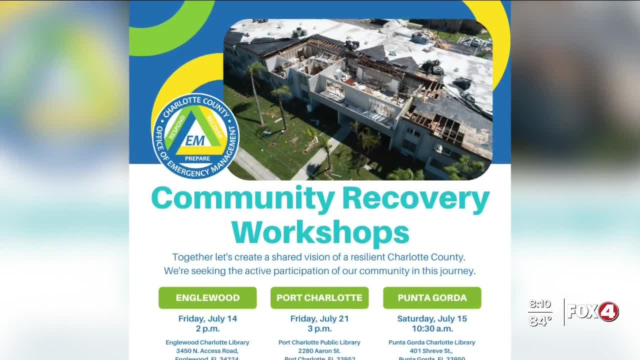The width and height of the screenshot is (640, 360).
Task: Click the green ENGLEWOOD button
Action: [x=207, y=297]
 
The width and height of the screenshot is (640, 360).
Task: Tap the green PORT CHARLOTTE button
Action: [x=319, y=297]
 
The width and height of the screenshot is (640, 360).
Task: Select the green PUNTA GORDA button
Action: [x=432, y=297]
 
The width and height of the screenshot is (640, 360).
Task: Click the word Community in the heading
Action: [x=242, y=199]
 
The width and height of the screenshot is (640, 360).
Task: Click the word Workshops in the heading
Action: [x=320, y=232]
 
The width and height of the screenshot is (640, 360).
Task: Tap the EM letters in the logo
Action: [x=195, y=140]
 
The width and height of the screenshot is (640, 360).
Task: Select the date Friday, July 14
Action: [x=207, y=318]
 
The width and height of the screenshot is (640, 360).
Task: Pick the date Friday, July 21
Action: [x=319, y=318]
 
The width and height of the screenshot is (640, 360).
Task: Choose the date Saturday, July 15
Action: [x=432, y=318]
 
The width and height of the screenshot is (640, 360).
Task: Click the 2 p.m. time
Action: [x=207, y=328]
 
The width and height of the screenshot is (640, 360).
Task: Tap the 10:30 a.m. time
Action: [x=432, y=328]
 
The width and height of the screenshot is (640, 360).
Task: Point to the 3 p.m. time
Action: [x=319, y=328]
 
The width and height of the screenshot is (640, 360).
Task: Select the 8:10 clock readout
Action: [x=540, y=304]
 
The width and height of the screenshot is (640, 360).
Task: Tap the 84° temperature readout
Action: [x=540, y=320]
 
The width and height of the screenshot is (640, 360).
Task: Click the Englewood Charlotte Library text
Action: [x=207, y=342]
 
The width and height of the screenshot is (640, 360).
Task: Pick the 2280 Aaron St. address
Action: [x=319, y=351]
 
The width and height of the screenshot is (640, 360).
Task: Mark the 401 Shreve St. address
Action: [x=432, y=351]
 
